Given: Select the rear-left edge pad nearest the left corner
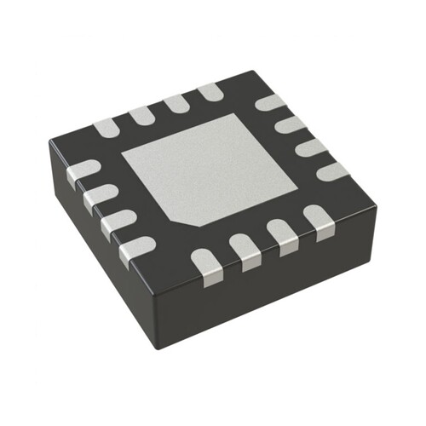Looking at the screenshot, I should click(x=105, y=128).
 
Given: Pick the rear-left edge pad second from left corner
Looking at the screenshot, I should click(x=141, y=115).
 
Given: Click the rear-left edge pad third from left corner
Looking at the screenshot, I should click(x=176, y=103).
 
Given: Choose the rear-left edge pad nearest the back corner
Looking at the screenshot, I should click(x=210, y=91).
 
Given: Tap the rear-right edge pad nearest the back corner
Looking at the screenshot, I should click(x=271, y=103).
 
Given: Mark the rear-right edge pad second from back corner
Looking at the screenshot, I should click(x=291, y=124).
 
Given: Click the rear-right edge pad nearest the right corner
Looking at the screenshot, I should click(x=331, y=170).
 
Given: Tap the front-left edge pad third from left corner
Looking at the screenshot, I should click(x=117, y=223).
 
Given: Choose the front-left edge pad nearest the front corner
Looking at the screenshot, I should click(x=136, y=250).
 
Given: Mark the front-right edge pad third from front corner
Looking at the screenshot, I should click(x=282, y=236).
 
